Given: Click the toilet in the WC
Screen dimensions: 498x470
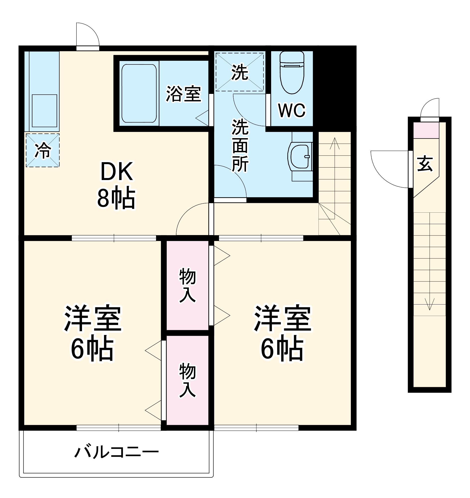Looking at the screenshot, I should click(292, 73).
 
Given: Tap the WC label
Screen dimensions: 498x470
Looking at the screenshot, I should click(292, 110).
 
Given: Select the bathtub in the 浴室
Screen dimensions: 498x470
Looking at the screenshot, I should click(139, 93).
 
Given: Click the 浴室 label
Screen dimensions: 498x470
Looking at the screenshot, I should click(183, 94).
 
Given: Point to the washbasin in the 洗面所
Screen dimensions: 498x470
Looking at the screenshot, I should click(299, 157).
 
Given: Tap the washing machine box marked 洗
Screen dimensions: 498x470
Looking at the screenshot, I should click(240, 72).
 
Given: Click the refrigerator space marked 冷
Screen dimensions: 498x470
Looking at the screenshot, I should click(43, 150).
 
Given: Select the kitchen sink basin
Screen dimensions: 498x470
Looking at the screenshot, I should click(44, 111).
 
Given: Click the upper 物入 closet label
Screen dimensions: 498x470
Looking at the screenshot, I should click(187, 285).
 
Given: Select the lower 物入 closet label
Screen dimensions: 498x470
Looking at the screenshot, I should click(187, 380).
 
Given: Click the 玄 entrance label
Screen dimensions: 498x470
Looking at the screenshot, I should click(425, 163).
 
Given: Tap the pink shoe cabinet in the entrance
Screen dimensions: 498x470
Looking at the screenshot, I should click(426, 130).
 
